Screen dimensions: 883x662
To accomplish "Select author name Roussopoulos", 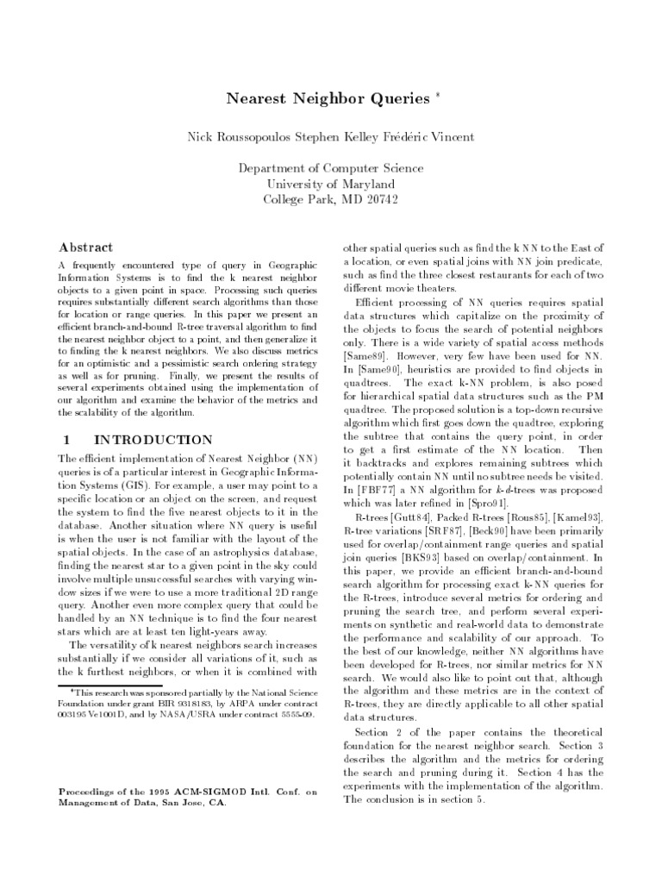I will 264,137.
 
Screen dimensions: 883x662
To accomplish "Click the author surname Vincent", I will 451,137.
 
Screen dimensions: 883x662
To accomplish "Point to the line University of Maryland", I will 331,184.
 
